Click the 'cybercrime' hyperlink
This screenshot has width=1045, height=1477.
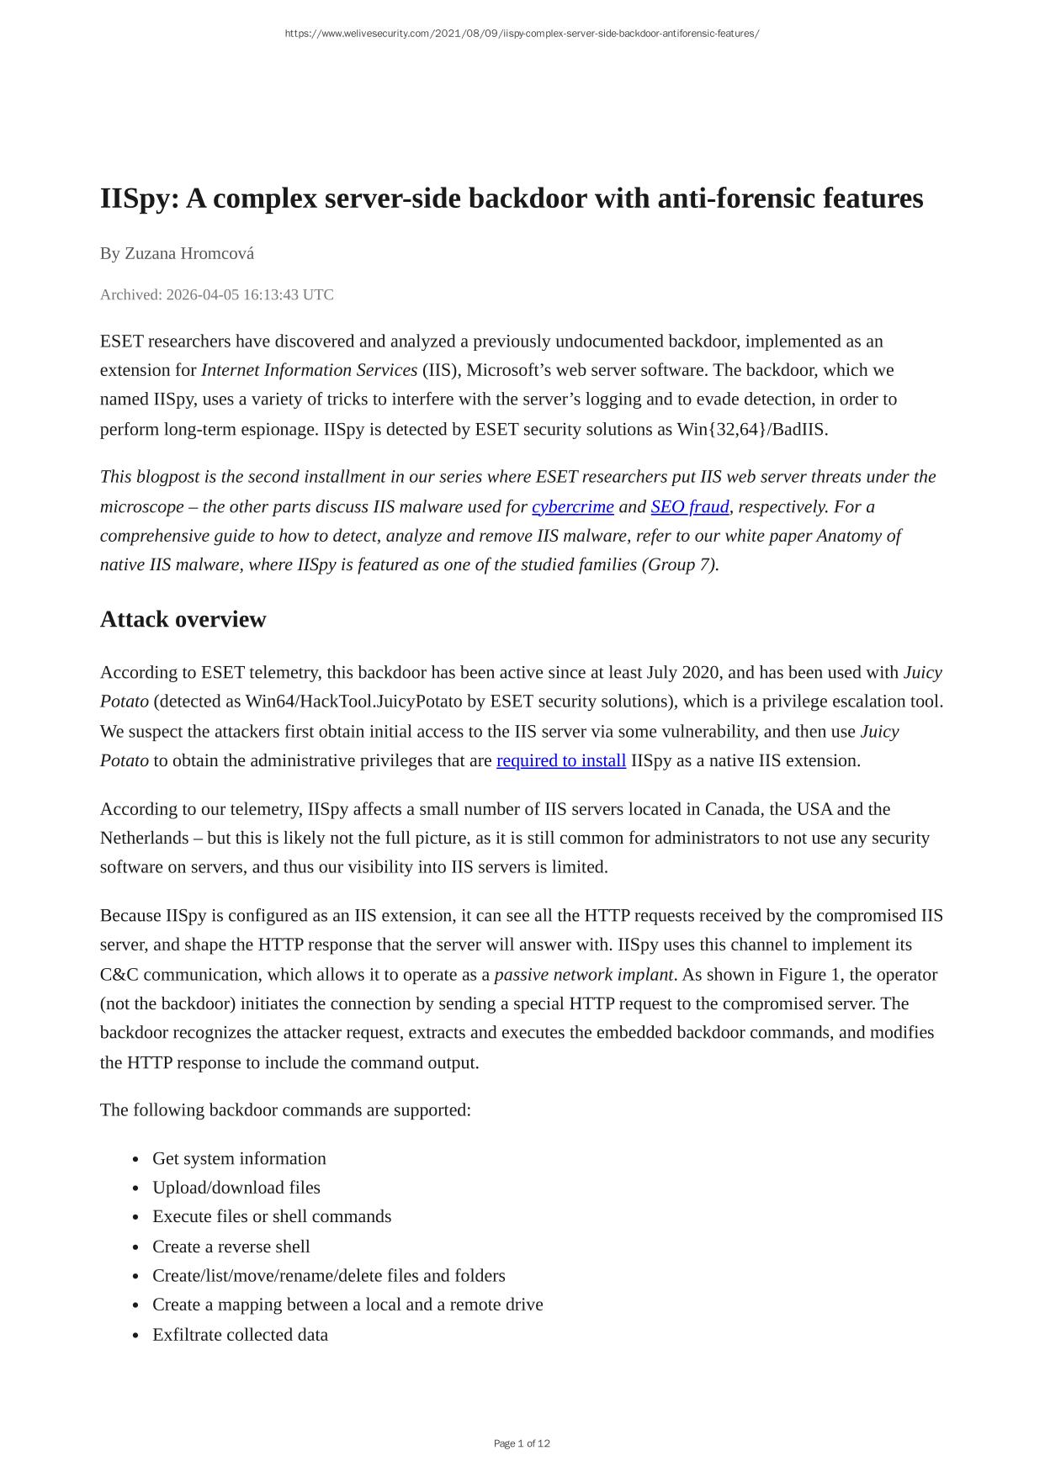572,507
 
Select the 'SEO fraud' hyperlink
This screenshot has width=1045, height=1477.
689,507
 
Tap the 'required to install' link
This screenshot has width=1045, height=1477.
560,761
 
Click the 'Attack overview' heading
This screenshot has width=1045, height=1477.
183,620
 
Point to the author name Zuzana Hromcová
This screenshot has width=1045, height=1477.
189,253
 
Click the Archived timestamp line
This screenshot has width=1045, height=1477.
216,294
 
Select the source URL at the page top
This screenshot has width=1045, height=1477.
522,34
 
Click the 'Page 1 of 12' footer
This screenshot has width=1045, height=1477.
522,1443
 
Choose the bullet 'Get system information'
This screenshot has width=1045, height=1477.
239,1159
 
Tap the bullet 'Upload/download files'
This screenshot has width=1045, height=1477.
236,1188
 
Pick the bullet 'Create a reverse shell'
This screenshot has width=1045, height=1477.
231,1247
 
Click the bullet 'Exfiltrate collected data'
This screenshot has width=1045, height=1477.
240,1335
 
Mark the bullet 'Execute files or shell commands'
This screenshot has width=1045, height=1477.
271,1217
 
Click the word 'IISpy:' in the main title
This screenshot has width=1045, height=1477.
138,199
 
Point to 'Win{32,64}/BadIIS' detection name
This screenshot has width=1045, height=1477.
751,430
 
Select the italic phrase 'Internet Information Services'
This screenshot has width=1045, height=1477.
309,371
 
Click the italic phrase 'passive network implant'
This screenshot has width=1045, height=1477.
583,975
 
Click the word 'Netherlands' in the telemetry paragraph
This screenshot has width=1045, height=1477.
144,839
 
